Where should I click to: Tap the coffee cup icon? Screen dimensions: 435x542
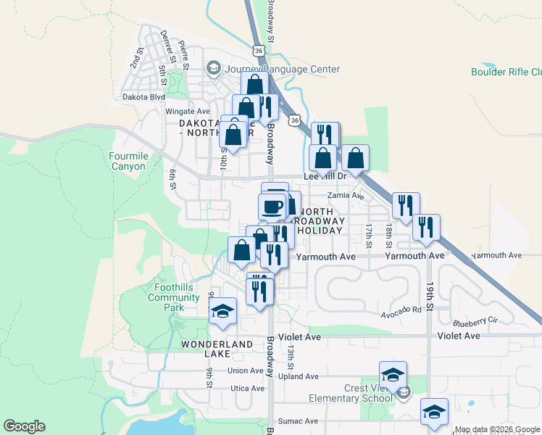(272, 207)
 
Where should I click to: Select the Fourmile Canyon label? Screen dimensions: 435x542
(128, 161)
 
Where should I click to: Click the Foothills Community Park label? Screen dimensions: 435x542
(168, 297)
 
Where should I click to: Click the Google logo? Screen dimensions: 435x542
(24, 426)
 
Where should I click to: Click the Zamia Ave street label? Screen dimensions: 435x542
(345, 196)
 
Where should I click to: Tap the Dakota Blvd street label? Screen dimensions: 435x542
(143, 96)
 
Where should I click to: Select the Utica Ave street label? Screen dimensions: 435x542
(246, 389)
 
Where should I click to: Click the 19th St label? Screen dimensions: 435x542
(430, 297)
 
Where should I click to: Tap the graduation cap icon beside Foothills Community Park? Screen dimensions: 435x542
(223, 312)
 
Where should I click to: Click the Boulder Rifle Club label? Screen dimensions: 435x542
(506, 72)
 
